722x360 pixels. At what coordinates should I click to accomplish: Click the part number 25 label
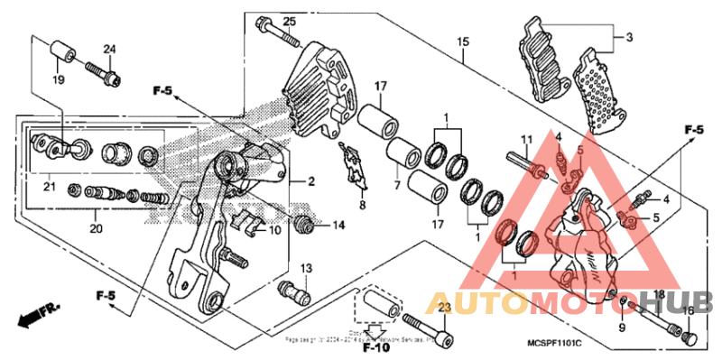tap(289, 21)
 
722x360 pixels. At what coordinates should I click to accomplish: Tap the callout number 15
tap(463, 42)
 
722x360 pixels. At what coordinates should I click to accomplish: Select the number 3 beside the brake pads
tap(629, 37)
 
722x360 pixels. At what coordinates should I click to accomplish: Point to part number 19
tap(58, 81)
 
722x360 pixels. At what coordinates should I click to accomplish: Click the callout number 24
tap(109, 49)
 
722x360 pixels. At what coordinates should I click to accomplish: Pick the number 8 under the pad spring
tap(362, 206)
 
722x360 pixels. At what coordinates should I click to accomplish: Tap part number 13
tap(306, 269)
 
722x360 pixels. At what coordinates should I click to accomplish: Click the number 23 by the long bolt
tap(442, 309)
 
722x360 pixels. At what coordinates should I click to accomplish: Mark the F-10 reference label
tap(375, 346)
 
